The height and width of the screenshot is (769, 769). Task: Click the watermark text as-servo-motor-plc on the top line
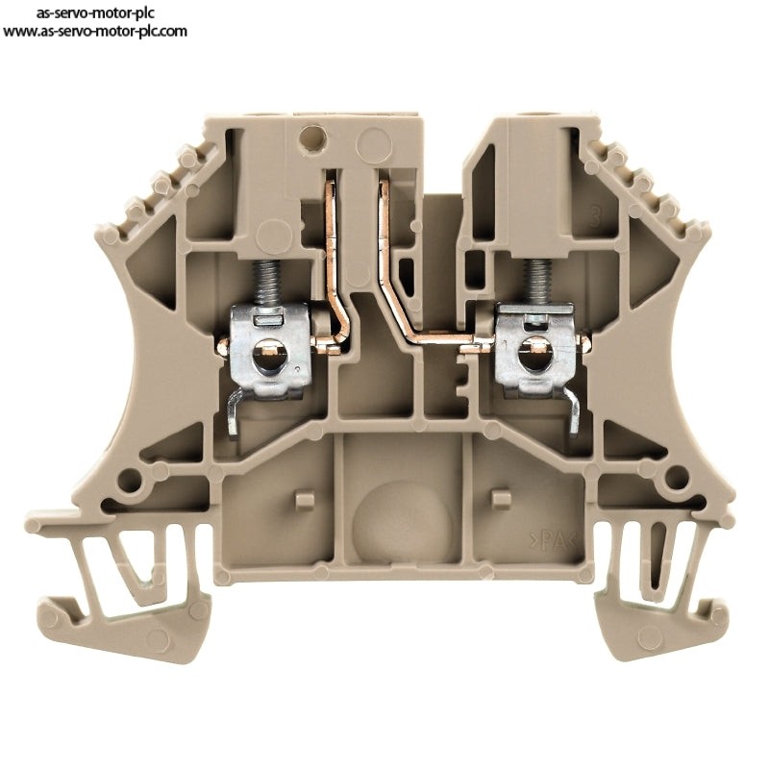click(x=95, y=12)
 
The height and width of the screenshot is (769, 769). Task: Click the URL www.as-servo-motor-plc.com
click(x=95, y=32)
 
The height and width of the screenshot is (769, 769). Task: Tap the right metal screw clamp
click(x=536, y=348)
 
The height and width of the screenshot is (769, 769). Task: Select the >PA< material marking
click(x=552, y=542)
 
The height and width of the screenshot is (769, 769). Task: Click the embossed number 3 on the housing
click(x=594, y=217)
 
